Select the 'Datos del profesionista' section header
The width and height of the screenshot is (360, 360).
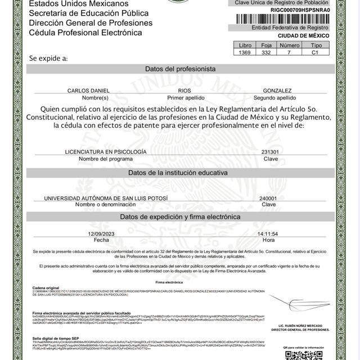pos(180,69)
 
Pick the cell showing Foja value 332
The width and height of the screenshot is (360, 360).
pos(267,52)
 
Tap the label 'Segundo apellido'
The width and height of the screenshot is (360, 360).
pos(277,97)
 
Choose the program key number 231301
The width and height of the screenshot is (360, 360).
pos(270,152)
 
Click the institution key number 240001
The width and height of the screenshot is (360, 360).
pos(268,199)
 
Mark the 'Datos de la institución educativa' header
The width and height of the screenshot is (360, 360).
pos(180,172)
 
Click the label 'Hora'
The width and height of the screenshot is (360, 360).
pos(268,240)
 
